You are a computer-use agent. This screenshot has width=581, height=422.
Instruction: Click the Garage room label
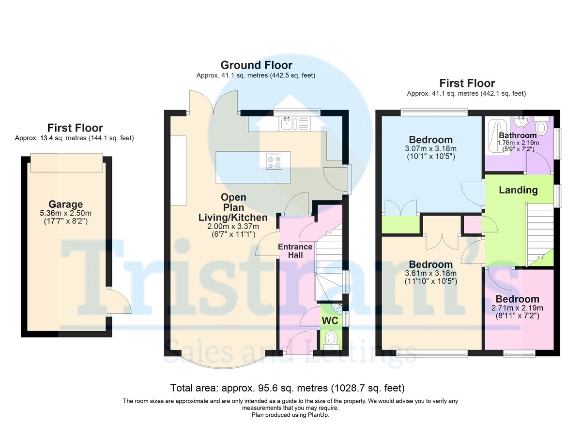coord(66,204)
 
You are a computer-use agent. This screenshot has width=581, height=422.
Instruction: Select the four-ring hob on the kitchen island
coord(274,162)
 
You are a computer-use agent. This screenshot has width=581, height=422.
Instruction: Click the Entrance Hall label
coord(295,251)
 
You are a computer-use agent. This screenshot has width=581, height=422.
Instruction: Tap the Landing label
coord(518,190)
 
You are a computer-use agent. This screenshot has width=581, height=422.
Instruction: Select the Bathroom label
coord(518,135)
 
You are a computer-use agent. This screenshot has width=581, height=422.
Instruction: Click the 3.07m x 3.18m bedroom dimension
coord(430,149)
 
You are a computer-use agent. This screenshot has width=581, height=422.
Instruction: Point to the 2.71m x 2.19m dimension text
coord(517,308)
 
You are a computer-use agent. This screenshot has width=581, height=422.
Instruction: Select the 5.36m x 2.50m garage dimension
coord(66,213)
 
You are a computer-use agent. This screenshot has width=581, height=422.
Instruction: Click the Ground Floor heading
coord(256,65)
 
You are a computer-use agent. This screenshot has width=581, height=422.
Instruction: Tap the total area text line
coord(288,388)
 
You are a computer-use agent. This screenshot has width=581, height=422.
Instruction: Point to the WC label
coord(330,321)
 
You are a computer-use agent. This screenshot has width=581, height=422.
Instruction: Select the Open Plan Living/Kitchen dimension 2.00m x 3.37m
coord(233,227)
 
